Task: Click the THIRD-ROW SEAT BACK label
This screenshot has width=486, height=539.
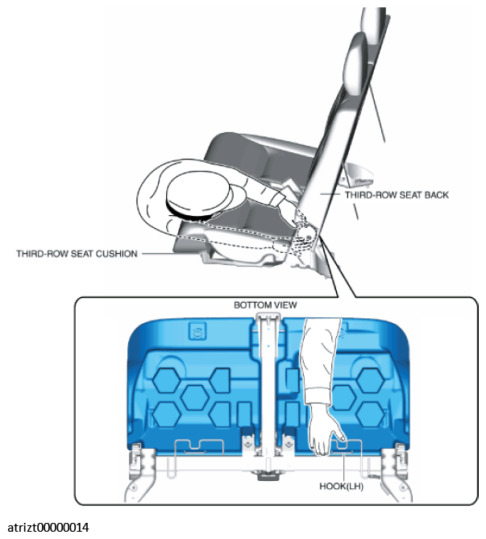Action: (397, 195)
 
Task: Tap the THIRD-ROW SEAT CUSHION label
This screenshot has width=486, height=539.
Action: (77, 254)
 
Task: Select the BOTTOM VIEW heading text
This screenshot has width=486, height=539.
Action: (265, 305)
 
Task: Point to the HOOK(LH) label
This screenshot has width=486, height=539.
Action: (341, 487)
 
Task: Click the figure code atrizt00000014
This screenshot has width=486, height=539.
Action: (48, 527)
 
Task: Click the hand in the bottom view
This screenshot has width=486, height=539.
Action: (325, 430)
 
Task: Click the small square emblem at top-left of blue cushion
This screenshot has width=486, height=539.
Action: (197, 331)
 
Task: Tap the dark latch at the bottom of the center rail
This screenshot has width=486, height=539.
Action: (268, 475)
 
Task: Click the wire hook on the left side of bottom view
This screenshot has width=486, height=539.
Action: (199, 447)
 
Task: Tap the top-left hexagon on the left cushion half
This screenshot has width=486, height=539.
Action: (167, 380)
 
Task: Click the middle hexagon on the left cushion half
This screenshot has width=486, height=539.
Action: (195, 397)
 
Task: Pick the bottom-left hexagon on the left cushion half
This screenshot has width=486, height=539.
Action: (167, 415)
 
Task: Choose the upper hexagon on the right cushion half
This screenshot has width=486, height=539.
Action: (371, 380)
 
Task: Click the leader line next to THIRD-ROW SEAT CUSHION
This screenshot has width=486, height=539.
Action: (160, 254)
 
